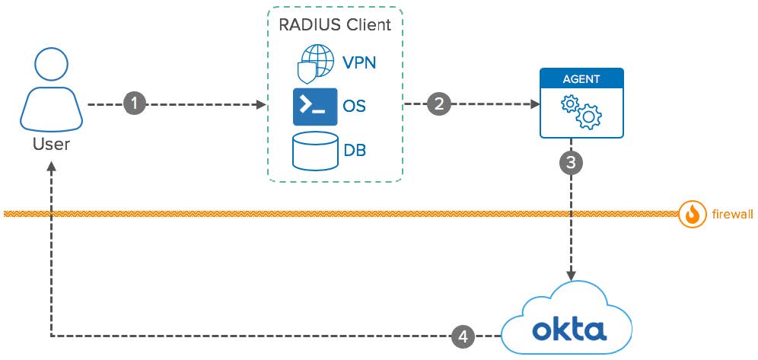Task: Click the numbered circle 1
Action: (x=135, y=104)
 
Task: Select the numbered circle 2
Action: (x=438, y=104)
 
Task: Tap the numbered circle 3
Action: (x=572, y=162)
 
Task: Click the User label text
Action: (x=51, y=144)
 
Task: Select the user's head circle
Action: (x=51, y=68)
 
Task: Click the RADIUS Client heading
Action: (x=335, y=25)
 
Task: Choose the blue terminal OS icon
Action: (x=314, y=107)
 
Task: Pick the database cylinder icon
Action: (x=314, y=151)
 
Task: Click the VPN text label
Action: (x=360, y=62)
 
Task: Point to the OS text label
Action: (x=355, y=106)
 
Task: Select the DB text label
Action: (x=355, y=150)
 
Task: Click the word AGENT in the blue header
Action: (x=581, y=78)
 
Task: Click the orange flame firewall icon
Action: (x=691, y=215)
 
